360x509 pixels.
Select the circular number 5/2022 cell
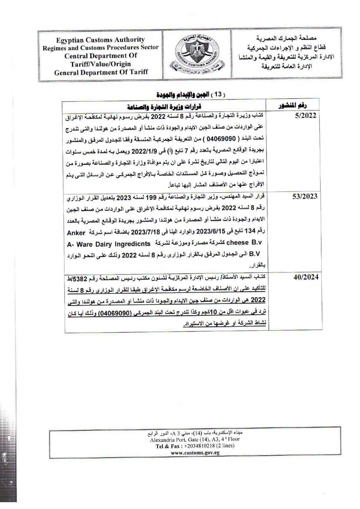[x=305, y=116]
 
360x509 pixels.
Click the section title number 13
[x=218, y=94]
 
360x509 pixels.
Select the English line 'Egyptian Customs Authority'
[x=100, y=40]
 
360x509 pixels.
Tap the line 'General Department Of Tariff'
[x=101, y=72]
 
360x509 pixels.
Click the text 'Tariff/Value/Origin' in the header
[x=101, y=64]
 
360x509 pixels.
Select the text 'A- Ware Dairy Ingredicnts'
[x=109, y=244]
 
